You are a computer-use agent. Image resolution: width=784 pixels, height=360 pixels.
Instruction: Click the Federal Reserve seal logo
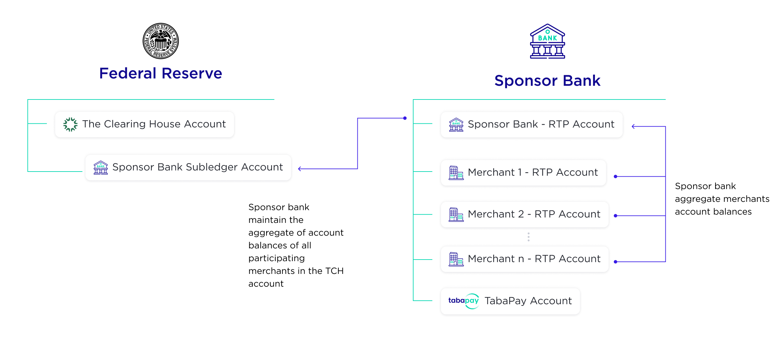pos(161,41)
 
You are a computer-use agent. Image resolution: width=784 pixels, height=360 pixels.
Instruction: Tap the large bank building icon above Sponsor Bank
pos(547,41)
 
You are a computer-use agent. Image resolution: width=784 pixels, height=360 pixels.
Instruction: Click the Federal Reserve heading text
pos(161,73)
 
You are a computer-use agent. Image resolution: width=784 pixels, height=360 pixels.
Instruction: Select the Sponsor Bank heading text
pos(547,80)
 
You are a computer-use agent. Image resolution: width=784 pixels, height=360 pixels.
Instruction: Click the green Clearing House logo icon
pos(70,124)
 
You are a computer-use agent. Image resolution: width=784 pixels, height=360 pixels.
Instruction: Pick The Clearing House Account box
pos(144,124)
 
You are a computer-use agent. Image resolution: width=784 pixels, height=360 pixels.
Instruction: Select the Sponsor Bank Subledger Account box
pos(188,167)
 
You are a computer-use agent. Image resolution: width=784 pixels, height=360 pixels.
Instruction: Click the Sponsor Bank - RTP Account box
pos(531,124)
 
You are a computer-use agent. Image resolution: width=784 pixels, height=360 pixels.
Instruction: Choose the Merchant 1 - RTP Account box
pos(523,173)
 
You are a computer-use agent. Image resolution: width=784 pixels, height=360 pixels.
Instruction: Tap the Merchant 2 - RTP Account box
pos(524,214)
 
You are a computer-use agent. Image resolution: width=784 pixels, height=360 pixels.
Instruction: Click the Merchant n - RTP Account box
pos(524,259)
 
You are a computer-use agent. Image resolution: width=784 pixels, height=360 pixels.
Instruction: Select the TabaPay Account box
pos(510,301)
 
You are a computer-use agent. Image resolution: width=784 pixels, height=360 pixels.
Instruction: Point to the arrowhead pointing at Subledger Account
pos(300,169)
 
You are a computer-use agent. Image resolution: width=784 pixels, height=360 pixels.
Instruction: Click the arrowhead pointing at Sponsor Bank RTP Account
pos(634,127)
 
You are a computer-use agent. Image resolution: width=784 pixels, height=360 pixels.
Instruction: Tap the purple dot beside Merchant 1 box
pos(615,176)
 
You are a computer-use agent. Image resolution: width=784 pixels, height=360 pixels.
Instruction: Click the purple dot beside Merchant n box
pos(615,262)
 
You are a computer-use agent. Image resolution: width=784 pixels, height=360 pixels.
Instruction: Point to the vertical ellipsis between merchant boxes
pos(529,237)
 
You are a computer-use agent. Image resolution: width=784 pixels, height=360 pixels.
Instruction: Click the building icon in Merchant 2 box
pos(456,214)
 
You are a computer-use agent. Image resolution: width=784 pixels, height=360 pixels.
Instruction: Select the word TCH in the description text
pos(334,271)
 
